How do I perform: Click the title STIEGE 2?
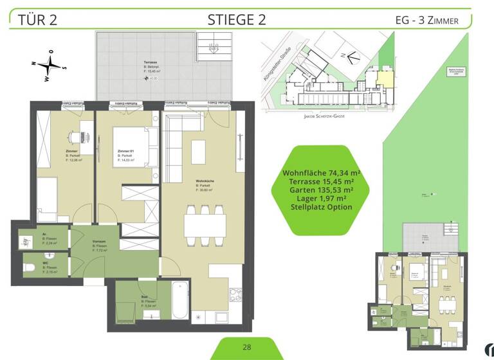pyautogui.click(x=237, y=19)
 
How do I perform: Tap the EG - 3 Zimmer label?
pyautogui.click(x=426, y=20)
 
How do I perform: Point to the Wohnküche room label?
pyautogui.click(x=204, y=181)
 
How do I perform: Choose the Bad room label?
pyautogui.click(x=145, y=297)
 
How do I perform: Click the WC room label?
pyautogui.click(x=45, y=262)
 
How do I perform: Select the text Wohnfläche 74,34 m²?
pyautogui.click(x=321, y=174)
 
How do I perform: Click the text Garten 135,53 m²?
pyautogui.click(x=321, y=190)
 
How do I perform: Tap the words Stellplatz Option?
pyautogui.click(x=321, y=207)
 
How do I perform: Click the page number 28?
pyautogui.click(x=247, y=347)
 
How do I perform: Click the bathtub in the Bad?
pyautogui.click(x=180, y=300)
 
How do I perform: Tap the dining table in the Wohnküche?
pyautogui.click(x=205, y=225)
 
